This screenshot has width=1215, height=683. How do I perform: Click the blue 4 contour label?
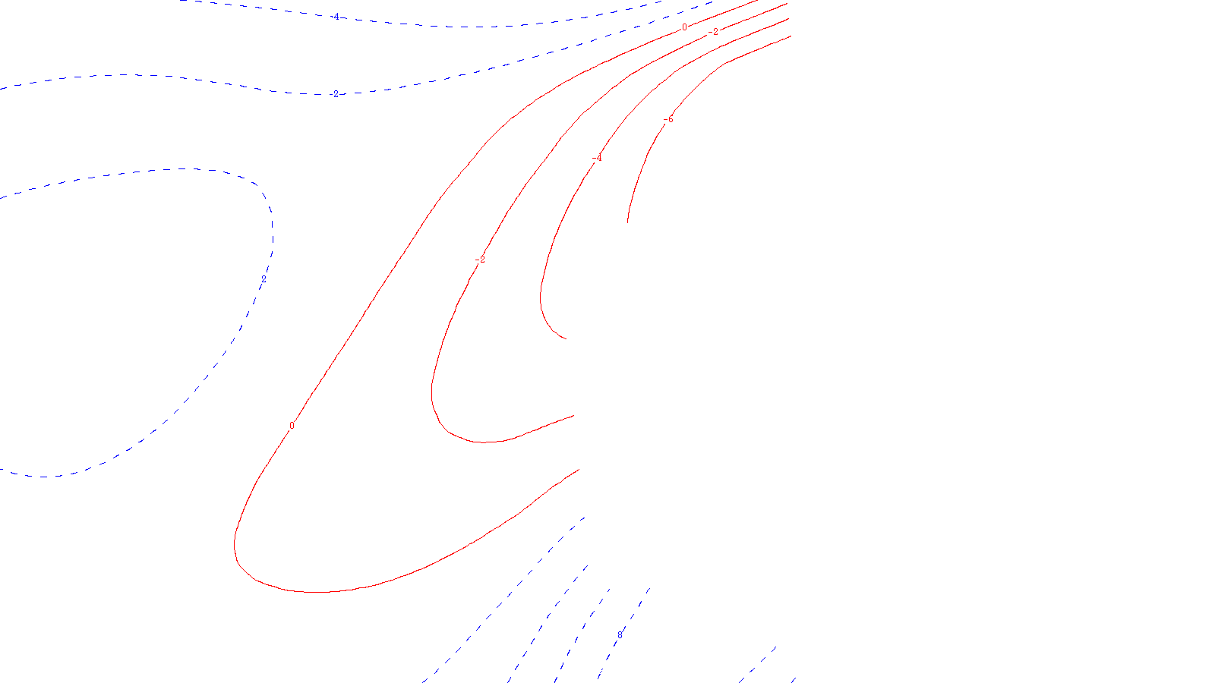point(336,16)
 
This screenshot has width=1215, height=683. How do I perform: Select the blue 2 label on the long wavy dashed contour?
point(336,94)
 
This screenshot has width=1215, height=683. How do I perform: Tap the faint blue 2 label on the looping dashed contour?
point(264,279)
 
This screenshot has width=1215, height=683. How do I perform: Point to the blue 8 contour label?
point(620,634)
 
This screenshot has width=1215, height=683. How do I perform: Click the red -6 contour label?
point(668,120)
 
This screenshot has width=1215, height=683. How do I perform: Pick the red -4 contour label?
point(597,158)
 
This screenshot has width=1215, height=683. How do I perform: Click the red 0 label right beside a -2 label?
point(684,27)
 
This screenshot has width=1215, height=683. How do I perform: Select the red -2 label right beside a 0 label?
point(713,32)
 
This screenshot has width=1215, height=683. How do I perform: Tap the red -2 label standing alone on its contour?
point(479,260)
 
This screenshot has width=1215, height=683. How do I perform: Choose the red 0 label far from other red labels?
point(292,426)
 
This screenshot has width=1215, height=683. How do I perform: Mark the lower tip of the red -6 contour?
point(627,222)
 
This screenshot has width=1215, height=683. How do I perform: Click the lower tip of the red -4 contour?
point(566,338)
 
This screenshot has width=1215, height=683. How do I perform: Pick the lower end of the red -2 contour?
point(574,415)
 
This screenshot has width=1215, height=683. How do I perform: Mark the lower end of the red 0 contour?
point(580,469)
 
